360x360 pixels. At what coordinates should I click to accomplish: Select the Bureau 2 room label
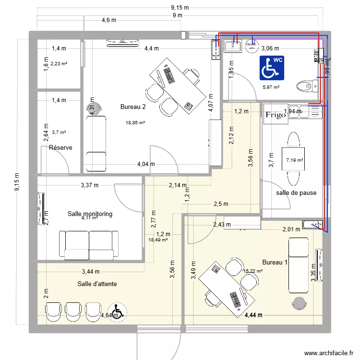[x=133, y=107]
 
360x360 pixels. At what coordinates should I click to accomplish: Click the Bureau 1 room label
[x=275, y=262]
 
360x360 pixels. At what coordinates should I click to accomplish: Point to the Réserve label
[x=60, y=147]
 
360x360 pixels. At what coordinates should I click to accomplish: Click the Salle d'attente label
[x=97, y=284]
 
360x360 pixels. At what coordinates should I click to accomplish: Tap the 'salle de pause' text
[x=296, y=193]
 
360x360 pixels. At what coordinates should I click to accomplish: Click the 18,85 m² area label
[x=135, y=123]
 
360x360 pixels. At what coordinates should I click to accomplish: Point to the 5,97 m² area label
[x=271, y=87]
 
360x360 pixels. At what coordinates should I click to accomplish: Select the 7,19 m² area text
[x=294, y=160]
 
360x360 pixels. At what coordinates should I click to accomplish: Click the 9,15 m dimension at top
[x=180, y=7]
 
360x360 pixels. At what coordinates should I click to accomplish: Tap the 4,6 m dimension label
[x=109, y=20]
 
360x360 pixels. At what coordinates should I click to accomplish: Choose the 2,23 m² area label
[x=59, y=63]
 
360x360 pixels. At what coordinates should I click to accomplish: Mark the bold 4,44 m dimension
[x=253, y=315]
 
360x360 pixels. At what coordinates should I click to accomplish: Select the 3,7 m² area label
[x=59, y=132]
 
